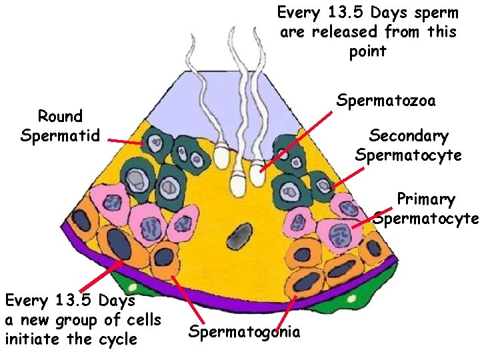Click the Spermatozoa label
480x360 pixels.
point(386,101)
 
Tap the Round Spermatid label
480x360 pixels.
point(60,126)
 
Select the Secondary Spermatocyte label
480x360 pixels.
point(408,146)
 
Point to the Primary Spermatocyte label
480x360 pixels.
point(425,209)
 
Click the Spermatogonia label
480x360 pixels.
point(244,331)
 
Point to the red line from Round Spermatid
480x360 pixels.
point(125,142)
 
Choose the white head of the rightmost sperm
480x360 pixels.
point(257,177)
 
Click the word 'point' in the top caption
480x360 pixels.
point(367,52)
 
